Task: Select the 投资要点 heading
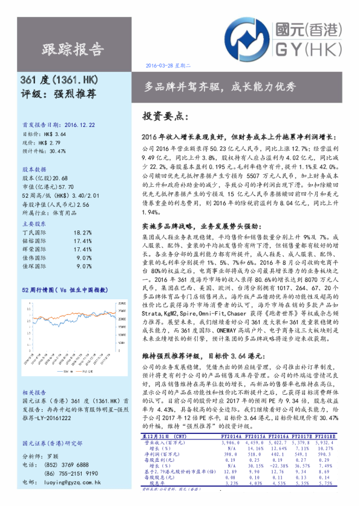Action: click(164, 115)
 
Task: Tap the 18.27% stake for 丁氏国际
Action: click(82, 232)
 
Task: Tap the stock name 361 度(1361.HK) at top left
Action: click(60, 80)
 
